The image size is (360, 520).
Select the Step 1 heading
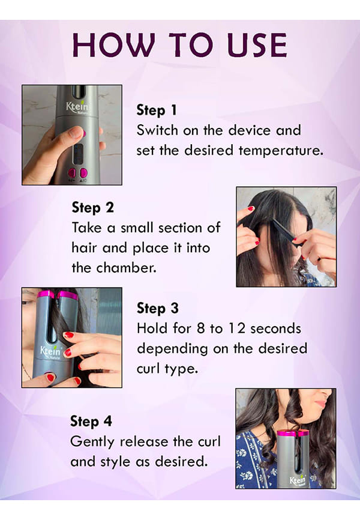point(157,110)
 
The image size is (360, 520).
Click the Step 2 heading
point(93,208)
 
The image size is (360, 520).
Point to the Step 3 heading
point(158,309)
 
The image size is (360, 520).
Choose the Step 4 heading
point(91,422)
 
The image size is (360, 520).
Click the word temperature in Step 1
point(281,150)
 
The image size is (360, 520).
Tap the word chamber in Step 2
point(126,268)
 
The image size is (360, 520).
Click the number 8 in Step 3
point(201,328)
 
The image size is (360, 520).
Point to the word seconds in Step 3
point(276,328)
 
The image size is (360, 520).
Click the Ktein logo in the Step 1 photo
point(77,107)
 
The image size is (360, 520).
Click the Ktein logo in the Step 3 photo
point(50,351)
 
